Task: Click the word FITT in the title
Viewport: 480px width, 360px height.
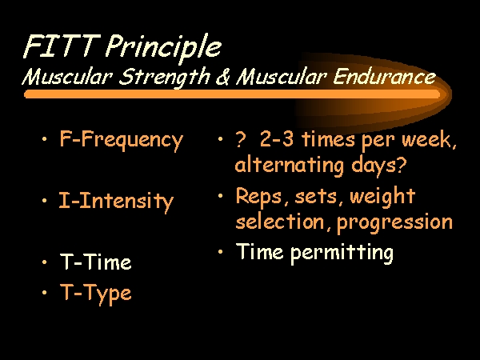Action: (62, 46)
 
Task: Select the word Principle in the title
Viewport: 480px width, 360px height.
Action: (164, 49)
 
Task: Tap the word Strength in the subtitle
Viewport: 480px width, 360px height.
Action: (165, 77)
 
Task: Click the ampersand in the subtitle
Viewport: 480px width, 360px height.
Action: (223, 77)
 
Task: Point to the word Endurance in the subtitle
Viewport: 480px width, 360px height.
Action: (385, 76)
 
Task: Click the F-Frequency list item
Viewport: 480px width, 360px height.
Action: (122, 140)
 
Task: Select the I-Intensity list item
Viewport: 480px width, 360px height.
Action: (116, 202)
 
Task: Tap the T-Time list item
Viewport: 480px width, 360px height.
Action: (96, 262)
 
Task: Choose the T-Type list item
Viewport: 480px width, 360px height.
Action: (96, 294)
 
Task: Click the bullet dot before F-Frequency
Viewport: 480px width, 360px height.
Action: (45, 139)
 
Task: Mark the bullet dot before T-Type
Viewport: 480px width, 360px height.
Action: (45, 292)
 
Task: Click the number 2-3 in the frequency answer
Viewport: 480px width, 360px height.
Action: (277, 139)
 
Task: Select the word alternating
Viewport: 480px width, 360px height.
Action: (290, 166)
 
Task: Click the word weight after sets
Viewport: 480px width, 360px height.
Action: (382, 197)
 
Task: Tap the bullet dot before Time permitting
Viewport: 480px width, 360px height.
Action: (221, 252)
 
